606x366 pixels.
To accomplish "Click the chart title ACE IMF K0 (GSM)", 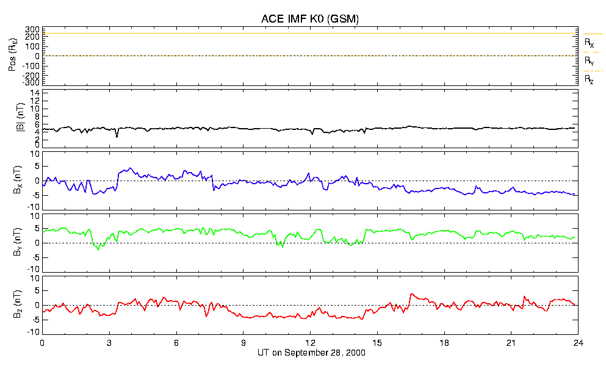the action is (x=310, y=18).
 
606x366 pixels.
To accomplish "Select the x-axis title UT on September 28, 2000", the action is (x=311, y=353).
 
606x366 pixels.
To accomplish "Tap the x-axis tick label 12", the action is (x=311, y=343).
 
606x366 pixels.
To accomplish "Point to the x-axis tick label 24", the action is (x=578, y=343).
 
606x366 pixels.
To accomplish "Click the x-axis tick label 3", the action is (x=109, y=343).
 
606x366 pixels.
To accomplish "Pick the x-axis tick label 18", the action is (x=444, y=343).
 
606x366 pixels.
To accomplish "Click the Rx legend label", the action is (x=589, y=43).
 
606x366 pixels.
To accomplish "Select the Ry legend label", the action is (x=589, y=61).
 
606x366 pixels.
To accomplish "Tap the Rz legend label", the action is (x=589, y=80).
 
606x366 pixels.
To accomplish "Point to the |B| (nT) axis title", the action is (x=21, y=118).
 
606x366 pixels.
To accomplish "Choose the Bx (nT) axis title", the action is (x=17, y=180).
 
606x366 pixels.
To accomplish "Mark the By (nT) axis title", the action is (x=17, y=242).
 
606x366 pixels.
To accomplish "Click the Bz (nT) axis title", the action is (x=17, y=304).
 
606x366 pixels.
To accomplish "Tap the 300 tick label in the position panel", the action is (x=32, y=29).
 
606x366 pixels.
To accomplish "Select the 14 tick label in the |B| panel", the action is (x=35, y=93).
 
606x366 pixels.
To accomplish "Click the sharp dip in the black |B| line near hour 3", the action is (x=117, y=137).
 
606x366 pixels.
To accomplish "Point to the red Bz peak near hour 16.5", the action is (x=411, y=294).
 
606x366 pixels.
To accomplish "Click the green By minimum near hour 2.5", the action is (x=98, y=249).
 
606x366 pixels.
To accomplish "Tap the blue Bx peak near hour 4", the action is (x=130, y=168).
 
